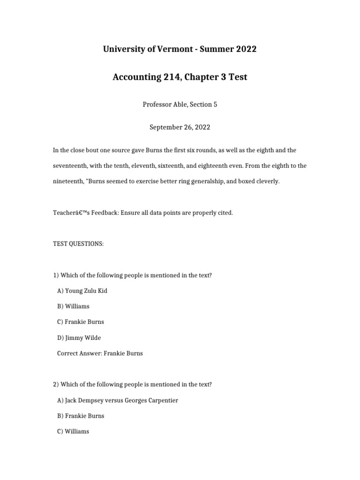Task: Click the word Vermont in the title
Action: coord(167,49)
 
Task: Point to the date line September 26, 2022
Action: coord(180,127)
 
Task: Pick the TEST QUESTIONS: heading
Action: coord(78,244)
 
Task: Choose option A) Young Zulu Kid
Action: coord(82,291)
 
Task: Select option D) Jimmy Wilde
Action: coord(79,337)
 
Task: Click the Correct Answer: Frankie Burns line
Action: coord(100,353)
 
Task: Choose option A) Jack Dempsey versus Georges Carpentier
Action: coord(118,400)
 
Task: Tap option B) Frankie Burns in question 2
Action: coord(81,416)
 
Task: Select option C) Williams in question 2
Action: coord(73,431)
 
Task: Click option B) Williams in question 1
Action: coord(73,306)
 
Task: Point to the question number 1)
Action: coord(55,275)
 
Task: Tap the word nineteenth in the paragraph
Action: coord(68,181)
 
